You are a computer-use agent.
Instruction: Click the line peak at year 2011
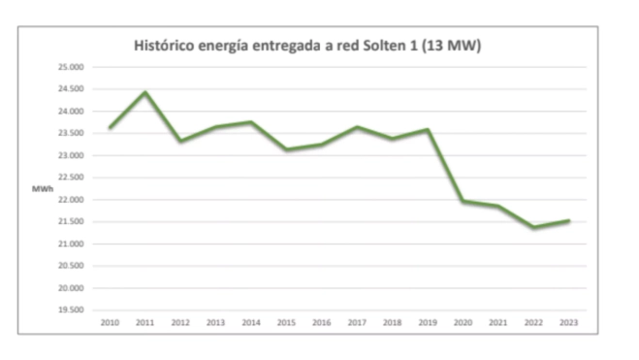coord(144,92)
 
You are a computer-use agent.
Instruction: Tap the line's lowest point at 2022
coord(533,228)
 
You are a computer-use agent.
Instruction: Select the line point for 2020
coord(463,201)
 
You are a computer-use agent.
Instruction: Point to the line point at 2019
coord(428,129)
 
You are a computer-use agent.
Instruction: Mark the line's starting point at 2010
coord(110,127)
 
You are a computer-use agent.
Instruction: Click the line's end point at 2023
coord(569,220)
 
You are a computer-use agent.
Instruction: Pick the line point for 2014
coord(251,122)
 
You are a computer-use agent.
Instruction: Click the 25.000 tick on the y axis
coord(71,67)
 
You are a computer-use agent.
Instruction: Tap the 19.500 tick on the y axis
coord(71,311)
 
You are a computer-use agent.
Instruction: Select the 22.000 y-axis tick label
coord(71,200)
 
